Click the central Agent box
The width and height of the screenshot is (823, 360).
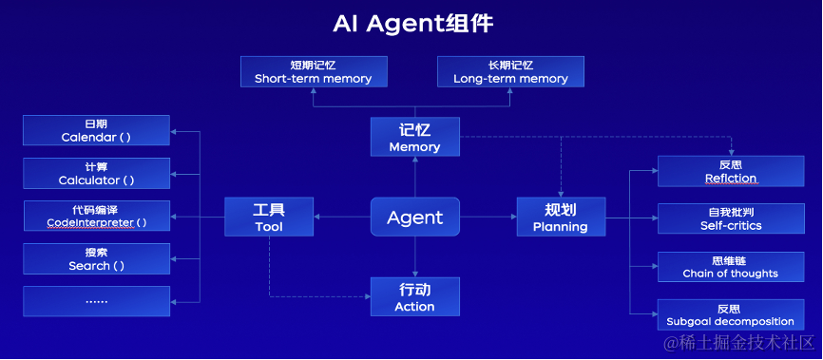coord(414,217)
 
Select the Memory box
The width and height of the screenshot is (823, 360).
coord(414,137)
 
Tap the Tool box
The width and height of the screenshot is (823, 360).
coord(269,217)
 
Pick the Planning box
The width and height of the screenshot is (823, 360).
coord(560,217)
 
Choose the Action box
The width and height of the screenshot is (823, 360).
coord(414,296)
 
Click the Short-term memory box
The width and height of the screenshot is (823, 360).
coord(313,72)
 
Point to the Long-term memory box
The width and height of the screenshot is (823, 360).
coord(510,72)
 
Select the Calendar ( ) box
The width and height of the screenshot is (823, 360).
coord(96,131)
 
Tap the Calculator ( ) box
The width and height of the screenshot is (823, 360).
coord(96,174)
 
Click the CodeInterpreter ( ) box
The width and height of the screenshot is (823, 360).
coord(96,217)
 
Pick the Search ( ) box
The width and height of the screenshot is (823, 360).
coord(96,259)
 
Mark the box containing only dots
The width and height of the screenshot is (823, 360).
coord(96,301)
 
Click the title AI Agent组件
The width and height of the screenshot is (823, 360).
coord(412,23)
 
